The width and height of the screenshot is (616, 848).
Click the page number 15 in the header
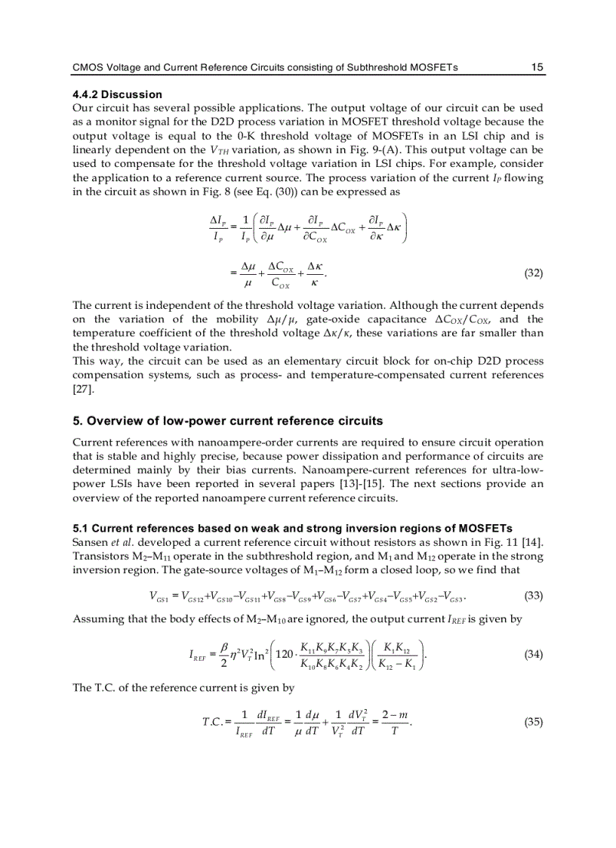tap(537, 67)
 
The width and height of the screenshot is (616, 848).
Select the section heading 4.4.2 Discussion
tap(117, 94)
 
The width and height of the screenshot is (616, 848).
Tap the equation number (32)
tap(533, 273)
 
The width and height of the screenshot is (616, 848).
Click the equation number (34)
tap(533, 654)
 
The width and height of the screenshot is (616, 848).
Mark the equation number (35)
tap(533, 721)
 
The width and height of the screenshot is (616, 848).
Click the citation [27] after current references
tap(82, 390)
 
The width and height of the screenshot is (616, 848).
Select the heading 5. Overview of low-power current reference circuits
tap(227, 421)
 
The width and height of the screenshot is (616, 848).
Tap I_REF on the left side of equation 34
tap(199, 655)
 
